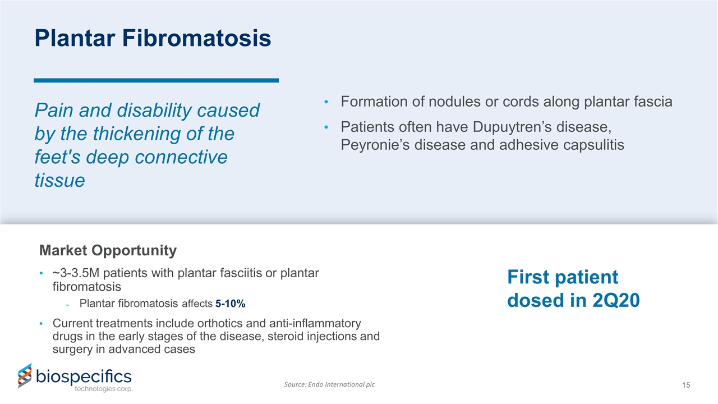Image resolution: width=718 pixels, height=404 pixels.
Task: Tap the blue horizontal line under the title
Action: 156,81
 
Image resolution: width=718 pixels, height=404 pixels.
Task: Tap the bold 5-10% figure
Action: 230,304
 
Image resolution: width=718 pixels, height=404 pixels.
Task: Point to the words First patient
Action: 562,277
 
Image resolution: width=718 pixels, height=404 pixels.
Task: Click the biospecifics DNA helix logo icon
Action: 24,376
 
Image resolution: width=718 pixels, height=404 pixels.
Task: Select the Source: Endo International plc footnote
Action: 330,384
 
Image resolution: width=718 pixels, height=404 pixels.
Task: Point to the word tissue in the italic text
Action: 59,181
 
